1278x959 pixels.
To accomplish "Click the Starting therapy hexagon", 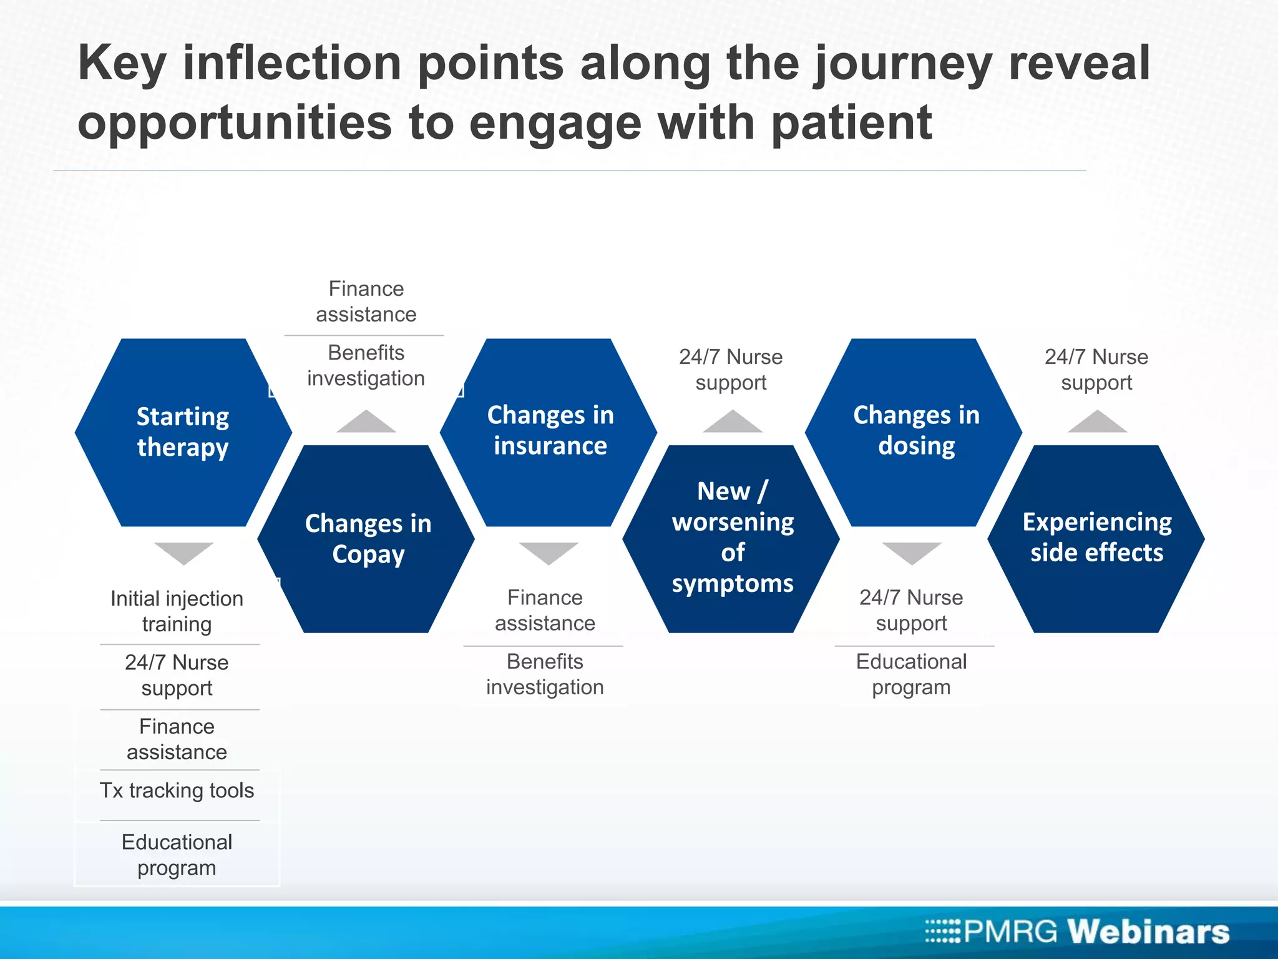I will click(183, 432).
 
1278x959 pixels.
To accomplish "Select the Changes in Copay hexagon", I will click(367, 539).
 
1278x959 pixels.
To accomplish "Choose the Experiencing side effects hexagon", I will click(1096, 538).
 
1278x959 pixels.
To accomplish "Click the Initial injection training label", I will click(177, 611).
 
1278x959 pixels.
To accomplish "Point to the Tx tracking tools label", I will click(177, 790).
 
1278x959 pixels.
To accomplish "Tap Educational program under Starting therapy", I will click(177, 855).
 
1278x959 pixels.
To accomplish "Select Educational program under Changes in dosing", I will click(911, 674).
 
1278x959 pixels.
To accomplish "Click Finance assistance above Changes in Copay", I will click(366, 302).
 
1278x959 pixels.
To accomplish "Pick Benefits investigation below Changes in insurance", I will click(545, 674).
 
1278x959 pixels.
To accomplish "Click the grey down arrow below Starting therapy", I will click(183, 552).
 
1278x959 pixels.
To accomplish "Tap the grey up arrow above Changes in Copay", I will click(366, 423).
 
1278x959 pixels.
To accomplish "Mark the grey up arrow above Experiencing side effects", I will click(1097, 423).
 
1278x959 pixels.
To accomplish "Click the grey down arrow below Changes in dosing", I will click(912, 552).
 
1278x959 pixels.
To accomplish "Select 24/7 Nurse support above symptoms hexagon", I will click(731, 370).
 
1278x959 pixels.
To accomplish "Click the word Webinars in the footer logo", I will click(1148, 932).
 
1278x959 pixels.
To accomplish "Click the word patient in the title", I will click(852, 124).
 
